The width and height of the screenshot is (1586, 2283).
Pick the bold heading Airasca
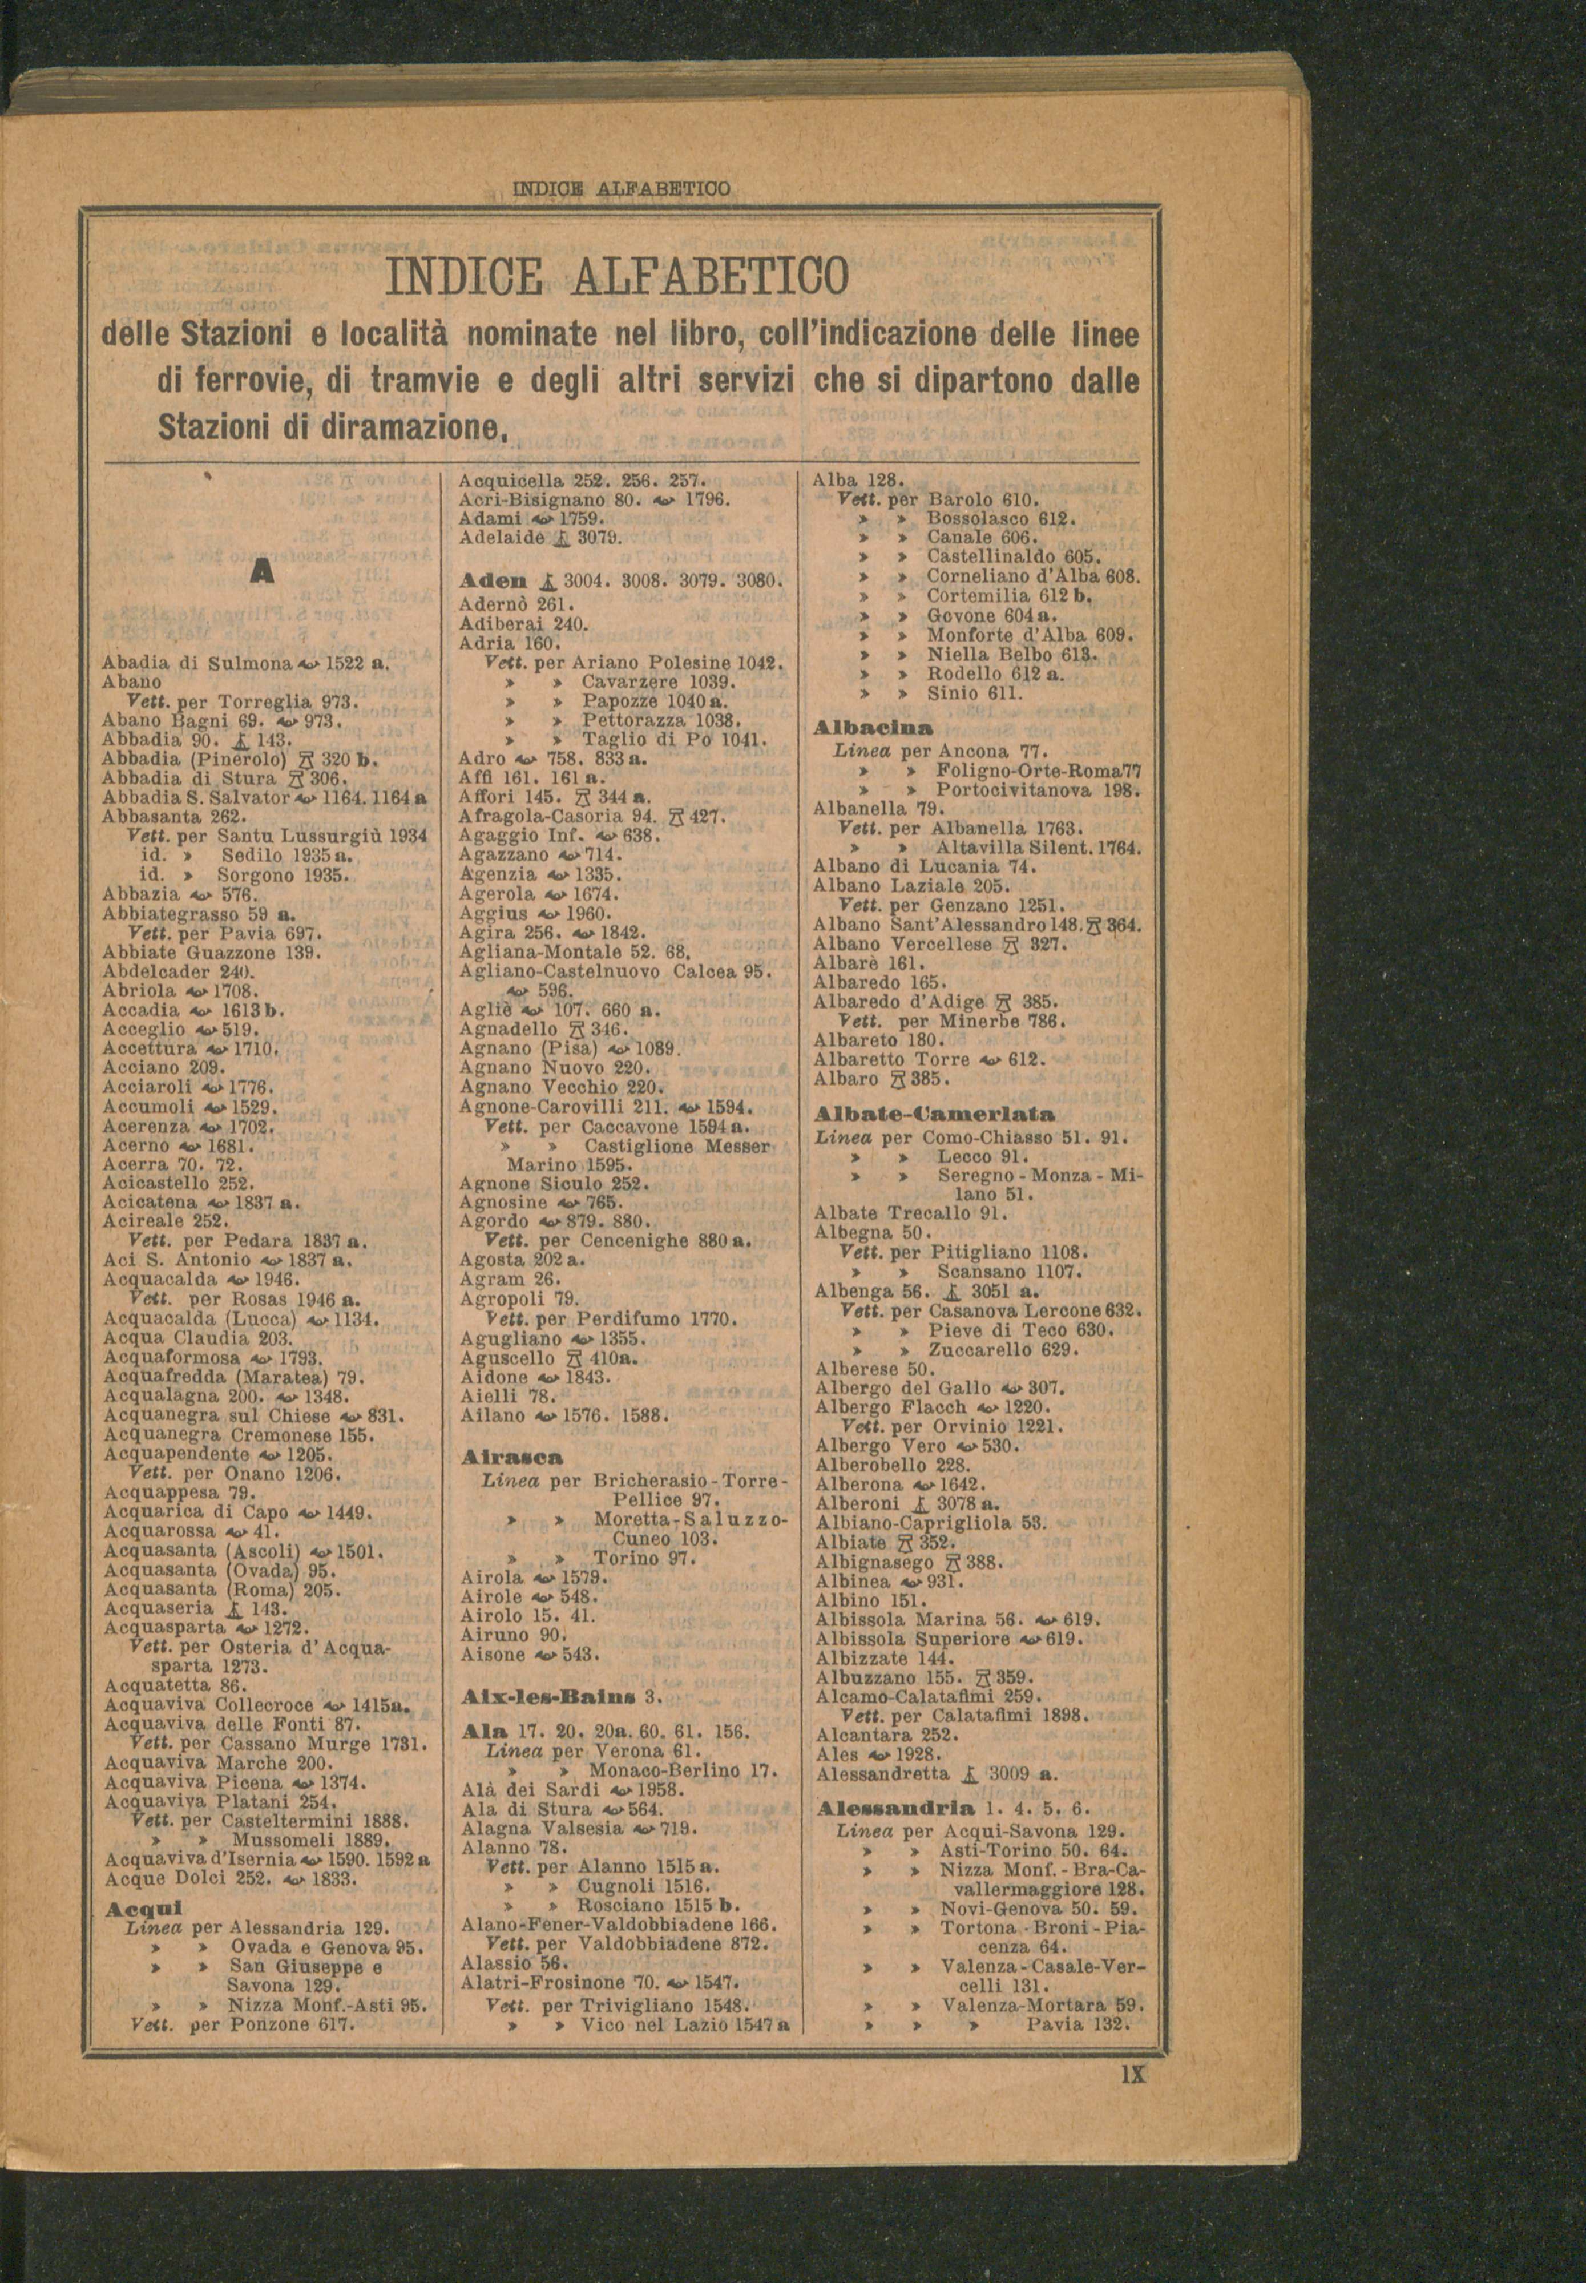tap(512, 1457)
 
